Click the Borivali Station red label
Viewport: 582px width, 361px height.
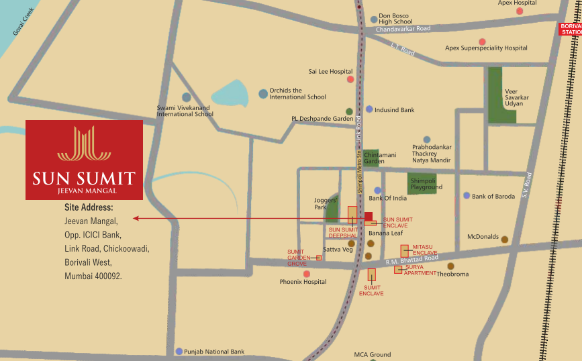570,29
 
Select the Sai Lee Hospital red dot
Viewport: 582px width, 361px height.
350,79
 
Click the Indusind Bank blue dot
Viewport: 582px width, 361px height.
369,109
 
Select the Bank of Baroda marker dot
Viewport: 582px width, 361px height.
467,196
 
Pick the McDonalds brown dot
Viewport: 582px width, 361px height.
505,239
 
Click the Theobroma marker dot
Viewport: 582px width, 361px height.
451,266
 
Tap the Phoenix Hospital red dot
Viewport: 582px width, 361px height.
307,274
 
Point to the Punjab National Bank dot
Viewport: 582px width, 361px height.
179,352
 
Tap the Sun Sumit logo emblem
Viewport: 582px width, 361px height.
84,144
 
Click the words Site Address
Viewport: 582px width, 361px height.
89,208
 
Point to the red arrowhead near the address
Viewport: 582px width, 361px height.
136,218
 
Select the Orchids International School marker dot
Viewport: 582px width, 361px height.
263,94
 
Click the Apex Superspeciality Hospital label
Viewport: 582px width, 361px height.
486,48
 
